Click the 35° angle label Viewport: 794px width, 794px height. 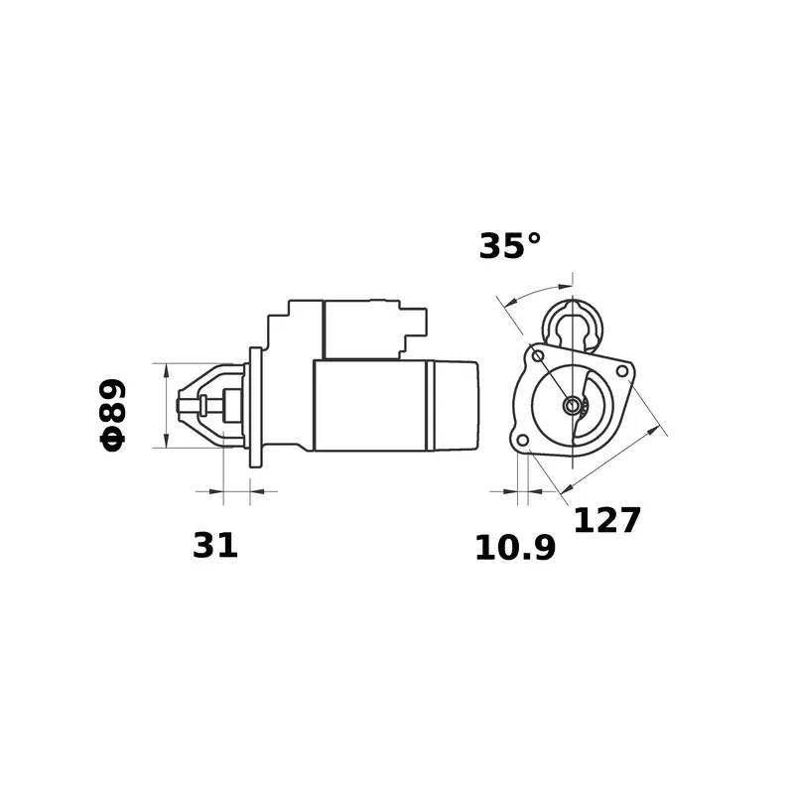tap(509, 246)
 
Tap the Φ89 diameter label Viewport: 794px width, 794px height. tap(112, 414)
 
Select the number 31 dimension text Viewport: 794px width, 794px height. tap(214, 545)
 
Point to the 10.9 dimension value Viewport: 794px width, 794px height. tap(515, 548)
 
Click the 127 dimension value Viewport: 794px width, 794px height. tap(607, 520)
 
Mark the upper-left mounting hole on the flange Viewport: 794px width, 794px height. tap(538, 356)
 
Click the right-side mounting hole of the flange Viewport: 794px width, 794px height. tap(622, 371)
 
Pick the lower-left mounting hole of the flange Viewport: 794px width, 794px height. tap(523, 439)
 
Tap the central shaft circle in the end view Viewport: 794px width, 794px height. tap(573, 405)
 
